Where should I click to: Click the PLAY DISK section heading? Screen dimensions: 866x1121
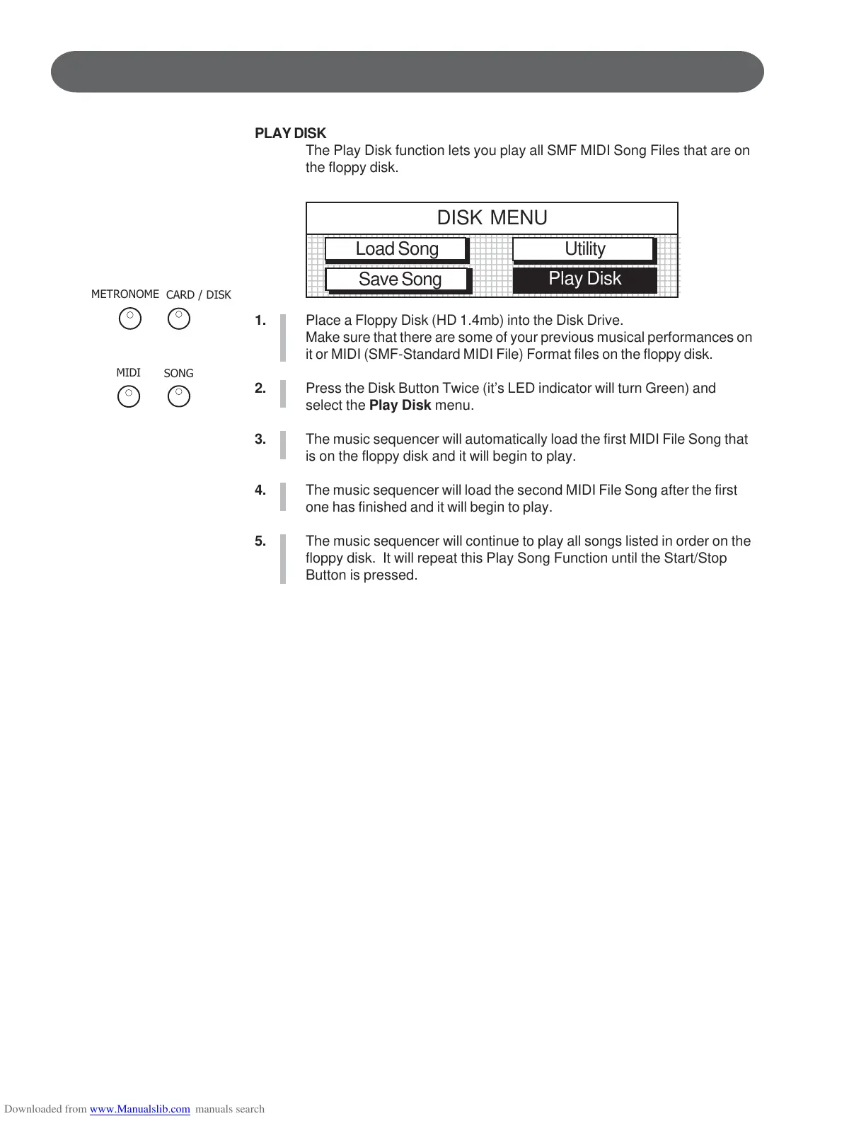point(290,133)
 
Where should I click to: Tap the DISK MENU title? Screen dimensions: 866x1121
point(492,218)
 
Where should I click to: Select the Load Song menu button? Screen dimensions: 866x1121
point(396,249)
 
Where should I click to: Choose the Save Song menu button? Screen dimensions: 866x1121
point(399,280)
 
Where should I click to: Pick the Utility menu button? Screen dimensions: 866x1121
point(584,249)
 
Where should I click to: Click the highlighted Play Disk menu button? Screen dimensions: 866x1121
point(584,279)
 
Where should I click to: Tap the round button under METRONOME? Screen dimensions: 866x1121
point(130,319)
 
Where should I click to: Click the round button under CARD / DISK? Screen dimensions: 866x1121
point(179,319)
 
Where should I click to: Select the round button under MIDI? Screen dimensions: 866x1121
point(129,396)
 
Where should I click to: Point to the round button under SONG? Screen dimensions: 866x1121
point(179,396)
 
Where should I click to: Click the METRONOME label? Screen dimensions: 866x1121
point(125,294)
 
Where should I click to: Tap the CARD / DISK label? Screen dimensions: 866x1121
point(198,295)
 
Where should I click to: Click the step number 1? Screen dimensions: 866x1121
point(260,321)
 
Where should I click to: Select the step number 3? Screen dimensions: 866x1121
point(260,439)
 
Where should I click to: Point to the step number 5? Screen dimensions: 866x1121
point(260,541)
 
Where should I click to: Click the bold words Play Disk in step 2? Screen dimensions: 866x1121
point(400,406)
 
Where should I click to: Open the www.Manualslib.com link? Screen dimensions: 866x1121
point(139,1109)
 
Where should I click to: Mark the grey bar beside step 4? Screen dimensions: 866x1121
point(283,497)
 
